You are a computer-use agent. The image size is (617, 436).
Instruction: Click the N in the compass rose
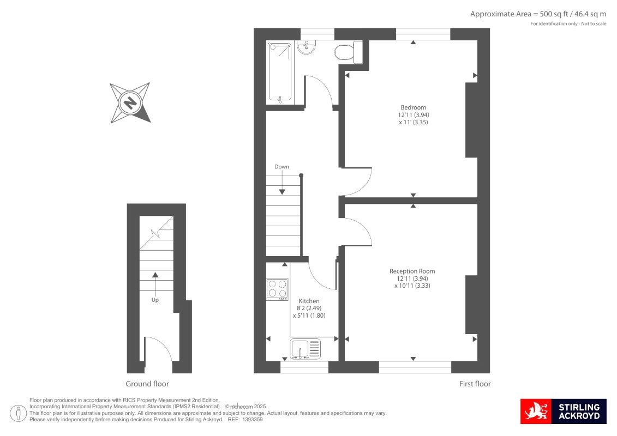130,102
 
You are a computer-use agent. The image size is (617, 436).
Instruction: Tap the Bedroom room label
413,107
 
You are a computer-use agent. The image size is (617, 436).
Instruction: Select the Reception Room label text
412,271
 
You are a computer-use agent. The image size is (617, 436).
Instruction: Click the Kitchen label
309,301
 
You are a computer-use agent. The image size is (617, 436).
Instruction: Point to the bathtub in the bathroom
280,72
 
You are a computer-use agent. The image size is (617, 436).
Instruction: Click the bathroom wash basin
306,47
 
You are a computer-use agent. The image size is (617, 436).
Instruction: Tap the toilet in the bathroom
349,52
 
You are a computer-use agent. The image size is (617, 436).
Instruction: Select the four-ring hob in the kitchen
278,289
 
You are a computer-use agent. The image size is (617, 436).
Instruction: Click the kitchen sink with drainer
305,349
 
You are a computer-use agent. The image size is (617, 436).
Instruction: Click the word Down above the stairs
281,167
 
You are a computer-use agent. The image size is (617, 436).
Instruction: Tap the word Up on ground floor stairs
155,300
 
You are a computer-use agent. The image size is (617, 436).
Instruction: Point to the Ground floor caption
147,384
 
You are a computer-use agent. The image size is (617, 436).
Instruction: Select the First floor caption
475,384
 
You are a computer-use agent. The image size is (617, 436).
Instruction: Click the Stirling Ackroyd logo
563,411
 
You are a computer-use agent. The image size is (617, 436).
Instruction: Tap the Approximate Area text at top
538,14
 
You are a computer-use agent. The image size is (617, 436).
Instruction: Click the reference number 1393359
252,420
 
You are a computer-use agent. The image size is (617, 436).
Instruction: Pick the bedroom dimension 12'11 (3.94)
413,115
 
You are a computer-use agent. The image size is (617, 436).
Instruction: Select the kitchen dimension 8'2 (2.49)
309,308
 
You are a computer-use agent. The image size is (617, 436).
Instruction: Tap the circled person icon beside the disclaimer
18,413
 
